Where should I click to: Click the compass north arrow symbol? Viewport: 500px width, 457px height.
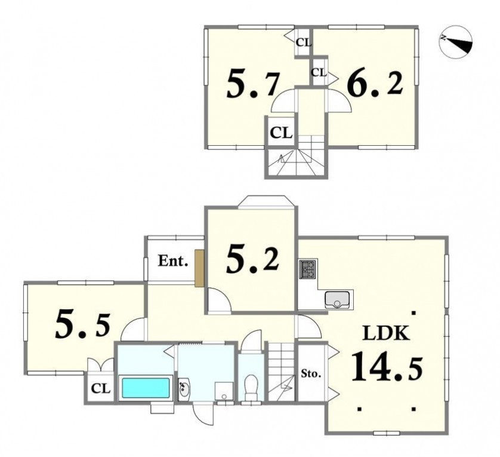455,42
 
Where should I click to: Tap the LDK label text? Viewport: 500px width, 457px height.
386,333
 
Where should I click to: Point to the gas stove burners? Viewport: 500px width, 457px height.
307,269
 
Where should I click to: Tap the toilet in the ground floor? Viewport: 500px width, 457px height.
251,387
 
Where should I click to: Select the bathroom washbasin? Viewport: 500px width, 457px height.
184,389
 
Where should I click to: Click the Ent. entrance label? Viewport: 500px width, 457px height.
172,262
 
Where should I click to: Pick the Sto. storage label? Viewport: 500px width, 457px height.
311,373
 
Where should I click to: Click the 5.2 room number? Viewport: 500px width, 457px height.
252,261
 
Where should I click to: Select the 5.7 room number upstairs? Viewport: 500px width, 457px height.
253,84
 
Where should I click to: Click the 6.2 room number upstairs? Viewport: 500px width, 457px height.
375,83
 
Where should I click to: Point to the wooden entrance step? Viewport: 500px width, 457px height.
199,268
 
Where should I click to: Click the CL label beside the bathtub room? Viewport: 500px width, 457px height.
101,388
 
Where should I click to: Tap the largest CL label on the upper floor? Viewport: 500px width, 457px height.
281,133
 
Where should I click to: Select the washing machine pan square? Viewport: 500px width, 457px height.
224,391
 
